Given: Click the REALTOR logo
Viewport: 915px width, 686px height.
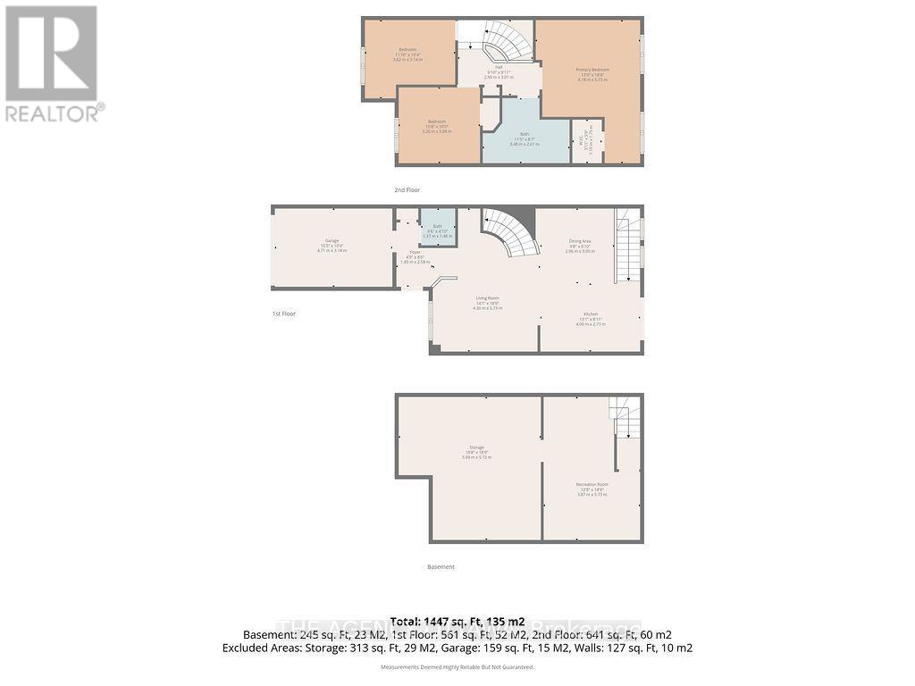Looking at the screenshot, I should (x=53, y=63).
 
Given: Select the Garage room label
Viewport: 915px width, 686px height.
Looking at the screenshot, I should (x=332, y=246).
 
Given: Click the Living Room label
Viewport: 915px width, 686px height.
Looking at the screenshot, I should (x=487, y=302).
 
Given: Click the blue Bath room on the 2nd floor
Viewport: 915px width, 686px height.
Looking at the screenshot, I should (x=525, y=138).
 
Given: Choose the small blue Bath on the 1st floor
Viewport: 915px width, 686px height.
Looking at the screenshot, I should (x=438, y=230).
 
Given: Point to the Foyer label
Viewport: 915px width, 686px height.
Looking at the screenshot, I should (x=416, y=257).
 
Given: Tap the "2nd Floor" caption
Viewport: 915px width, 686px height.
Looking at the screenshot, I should (x=407, y=190).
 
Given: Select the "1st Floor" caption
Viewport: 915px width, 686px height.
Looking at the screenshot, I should (x=284, y=314).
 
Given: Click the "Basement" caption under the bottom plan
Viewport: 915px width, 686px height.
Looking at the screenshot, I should (x=441, y=567).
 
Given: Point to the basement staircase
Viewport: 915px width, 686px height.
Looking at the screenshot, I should (x=625, y=417).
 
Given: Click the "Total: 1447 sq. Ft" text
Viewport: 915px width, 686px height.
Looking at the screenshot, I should (x=457, y=621).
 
